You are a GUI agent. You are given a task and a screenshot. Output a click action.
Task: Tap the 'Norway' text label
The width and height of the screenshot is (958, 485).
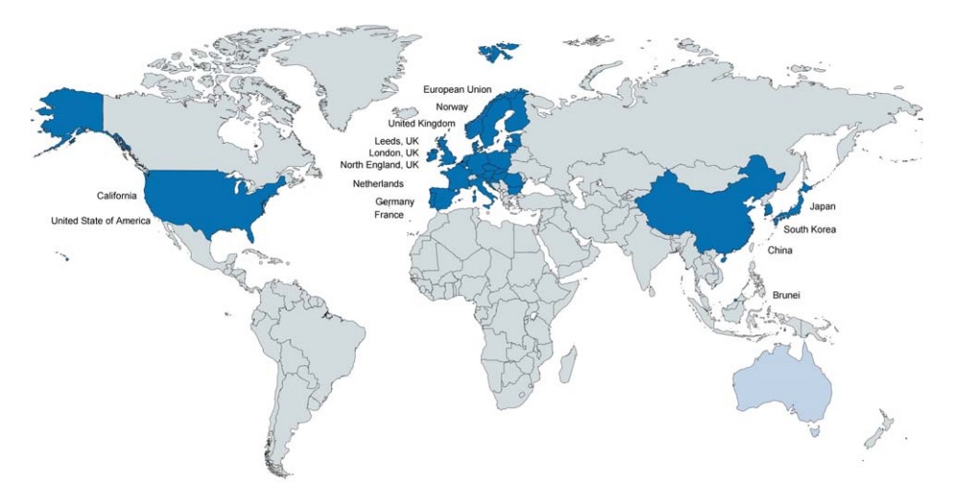pyautogui.click(x=451, y=106)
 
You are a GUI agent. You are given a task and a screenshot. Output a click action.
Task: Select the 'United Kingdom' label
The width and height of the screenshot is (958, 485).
pyautogui.click(x=421, y=124)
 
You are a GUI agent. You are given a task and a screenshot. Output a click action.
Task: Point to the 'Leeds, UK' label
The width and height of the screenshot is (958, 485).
pyautogui.click(x=397, y=142)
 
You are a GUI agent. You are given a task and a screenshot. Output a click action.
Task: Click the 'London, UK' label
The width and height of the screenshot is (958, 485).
pyautogui.click(x=393, y=153)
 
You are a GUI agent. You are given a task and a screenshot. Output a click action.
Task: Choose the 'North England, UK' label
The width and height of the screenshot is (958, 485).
pyautogui.click(x=379, y=165)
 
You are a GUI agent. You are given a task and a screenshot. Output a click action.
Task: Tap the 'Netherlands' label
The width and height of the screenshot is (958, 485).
pyautogui.click(x=378, y=183)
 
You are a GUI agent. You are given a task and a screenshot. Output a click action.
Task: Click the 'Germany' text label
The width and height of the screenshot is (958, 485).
pyautogui.click(x=394, y=202)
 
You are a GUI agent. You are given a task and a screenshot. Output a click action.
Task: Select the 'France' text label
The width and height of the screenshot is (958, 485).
pyautogui.click(x=388, y=215)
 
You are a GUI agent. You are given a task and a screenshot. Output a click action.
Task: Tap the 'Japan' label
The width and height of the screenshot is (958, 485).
pyautogui.click(x=823, y=206)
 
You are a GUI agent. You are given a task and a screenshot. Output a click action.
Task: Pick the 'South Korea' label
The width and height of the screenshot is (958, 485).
pyautogui.click(x=809, y=229)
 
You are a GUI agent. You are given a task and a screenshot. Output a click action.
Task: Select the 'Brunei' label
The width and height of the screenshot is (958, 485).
pyautogui.click(x=787, y=296)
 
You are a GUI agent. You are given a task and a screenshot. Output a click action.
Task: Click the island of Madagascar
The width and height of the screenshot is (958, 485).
pyautogui.click(x=567, y=363)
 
